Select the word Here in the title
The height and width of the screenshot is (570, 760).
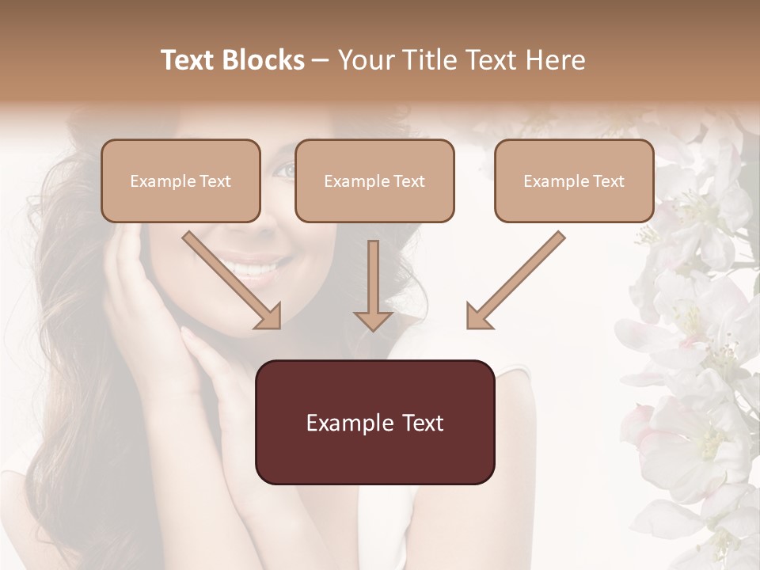click(x=556, y=60)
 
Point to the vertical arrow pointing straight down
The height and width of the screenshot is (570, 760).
click(x=374, y=285)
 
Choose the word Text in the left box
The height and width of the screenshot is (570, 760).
click(x=215, y=181)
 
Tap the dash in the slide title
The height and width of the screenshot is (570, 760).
click(x=321, y=60)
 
